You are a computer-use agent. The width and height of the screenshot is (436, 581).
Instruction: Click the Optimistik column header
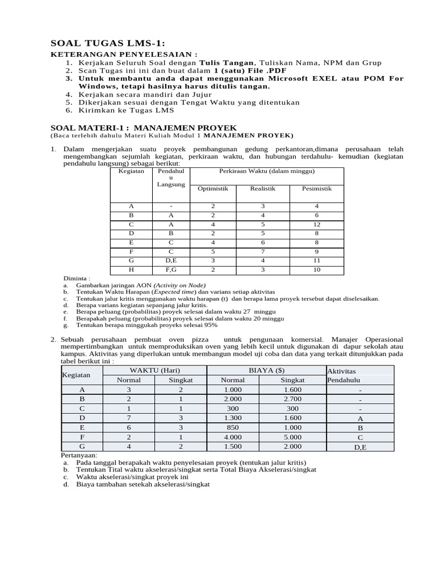(212, 188)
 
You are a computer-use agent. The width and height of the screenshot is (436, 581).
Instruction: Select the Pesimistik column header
(317, 188)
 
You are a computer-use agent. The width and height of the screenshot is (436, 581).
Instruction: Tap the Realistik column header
(263, 188)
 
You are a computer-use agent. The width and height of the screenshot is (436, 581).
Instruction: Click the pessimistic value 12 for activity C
(317, 224)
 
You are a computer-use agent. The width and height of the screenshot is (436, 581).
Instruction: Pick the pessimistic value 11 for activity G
(317, 260)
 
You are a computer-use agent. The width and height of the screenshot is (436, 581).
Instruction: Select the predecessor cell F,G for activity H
(171, 270)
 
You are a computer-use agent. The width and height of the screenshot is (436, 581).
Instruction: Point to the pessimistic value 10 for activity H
(317, 270)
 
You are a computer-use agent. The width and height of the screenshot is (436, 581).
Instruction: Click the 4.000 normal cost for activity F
(233, 437)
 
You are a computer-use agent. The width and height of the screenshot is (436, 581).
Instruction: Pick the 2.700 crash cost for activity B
(292, 399)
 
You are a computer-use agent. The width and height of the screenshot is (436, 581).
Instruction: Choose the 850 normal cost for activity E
(233, 428)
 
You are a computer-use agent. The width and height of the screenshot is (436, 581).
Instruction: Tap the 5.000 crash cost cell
(292, 437)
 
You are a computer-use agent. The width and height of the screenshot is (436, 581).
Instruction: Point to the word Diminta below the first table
(76, 278)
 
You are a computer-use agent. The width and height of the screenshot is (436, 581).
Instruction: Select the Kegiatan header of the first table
(131, 170)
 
